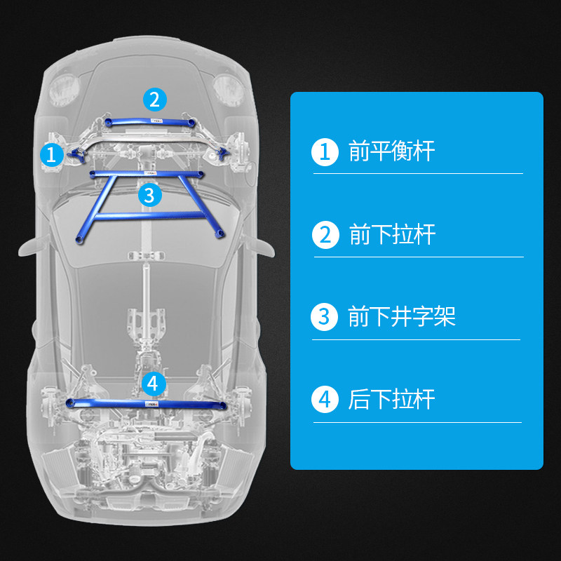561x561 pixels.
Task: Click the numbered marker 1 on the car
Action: click(51, 154)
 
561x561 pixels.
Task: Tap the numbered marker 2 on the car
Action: click(155, 99)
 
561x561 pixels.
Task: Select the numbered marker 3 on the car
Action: click(149, 194)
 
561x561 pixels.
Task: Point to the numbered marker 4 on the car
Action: click(154, 383)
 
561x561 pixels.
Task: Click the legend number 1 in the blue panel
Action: click(324, 151)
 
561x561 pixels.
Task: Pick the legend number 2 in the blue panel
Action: click(325, 234)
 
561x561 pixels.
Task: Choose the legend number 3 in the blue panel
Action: click(323, 317)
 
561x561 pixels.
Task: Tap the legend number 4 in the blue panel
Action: click(324, 400)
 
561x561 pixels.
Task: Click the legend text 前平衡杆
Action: click(391, 151)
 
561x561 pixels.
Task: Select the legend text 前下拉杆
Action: click(392, 234)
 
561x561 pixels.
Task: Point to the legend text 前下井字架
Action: click(402, 317)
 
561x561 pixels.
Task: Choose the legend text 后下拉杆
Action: click(391, 400)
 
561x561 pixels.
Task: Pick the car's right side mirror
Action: click(263, 245)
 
